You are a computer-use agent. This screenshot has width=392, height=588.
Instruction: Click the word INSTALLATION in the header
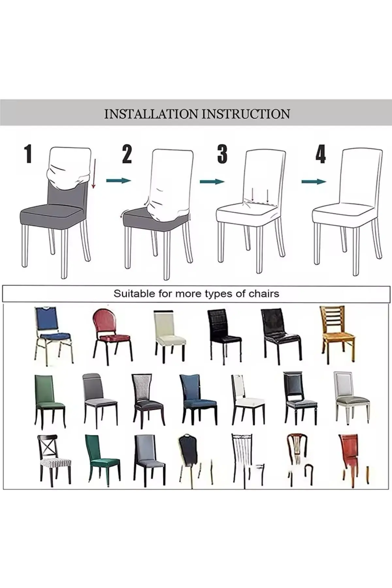pyautogui.click(x=151, y=114)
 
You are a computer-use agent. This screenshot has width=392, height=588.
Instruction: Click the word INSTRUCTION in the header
pyautogui.click(x=246, y=114)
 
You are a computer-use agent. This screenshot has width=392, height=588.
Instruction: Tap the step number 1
pyautogui.click(x=28, y=154)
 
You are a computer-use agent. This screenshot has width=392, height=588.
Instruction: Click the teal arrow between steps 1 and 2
pyautogui.click(x=118, y=180)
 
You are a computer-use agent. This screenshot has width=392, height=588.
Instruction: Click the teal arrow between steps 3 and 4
pyautogui.click(x=313, y=181)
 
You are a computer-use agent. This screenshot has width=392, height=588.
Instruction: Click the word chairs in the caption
pyautogui.click(x=264, y=294)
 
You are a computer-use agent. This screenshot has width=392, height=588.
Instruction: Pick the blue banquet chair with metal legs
pyautogui.click(x=52, y=335)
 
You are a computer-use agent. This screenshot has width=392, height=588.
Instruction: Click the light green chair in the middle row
pyautogui.click(x=49, y=400)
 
